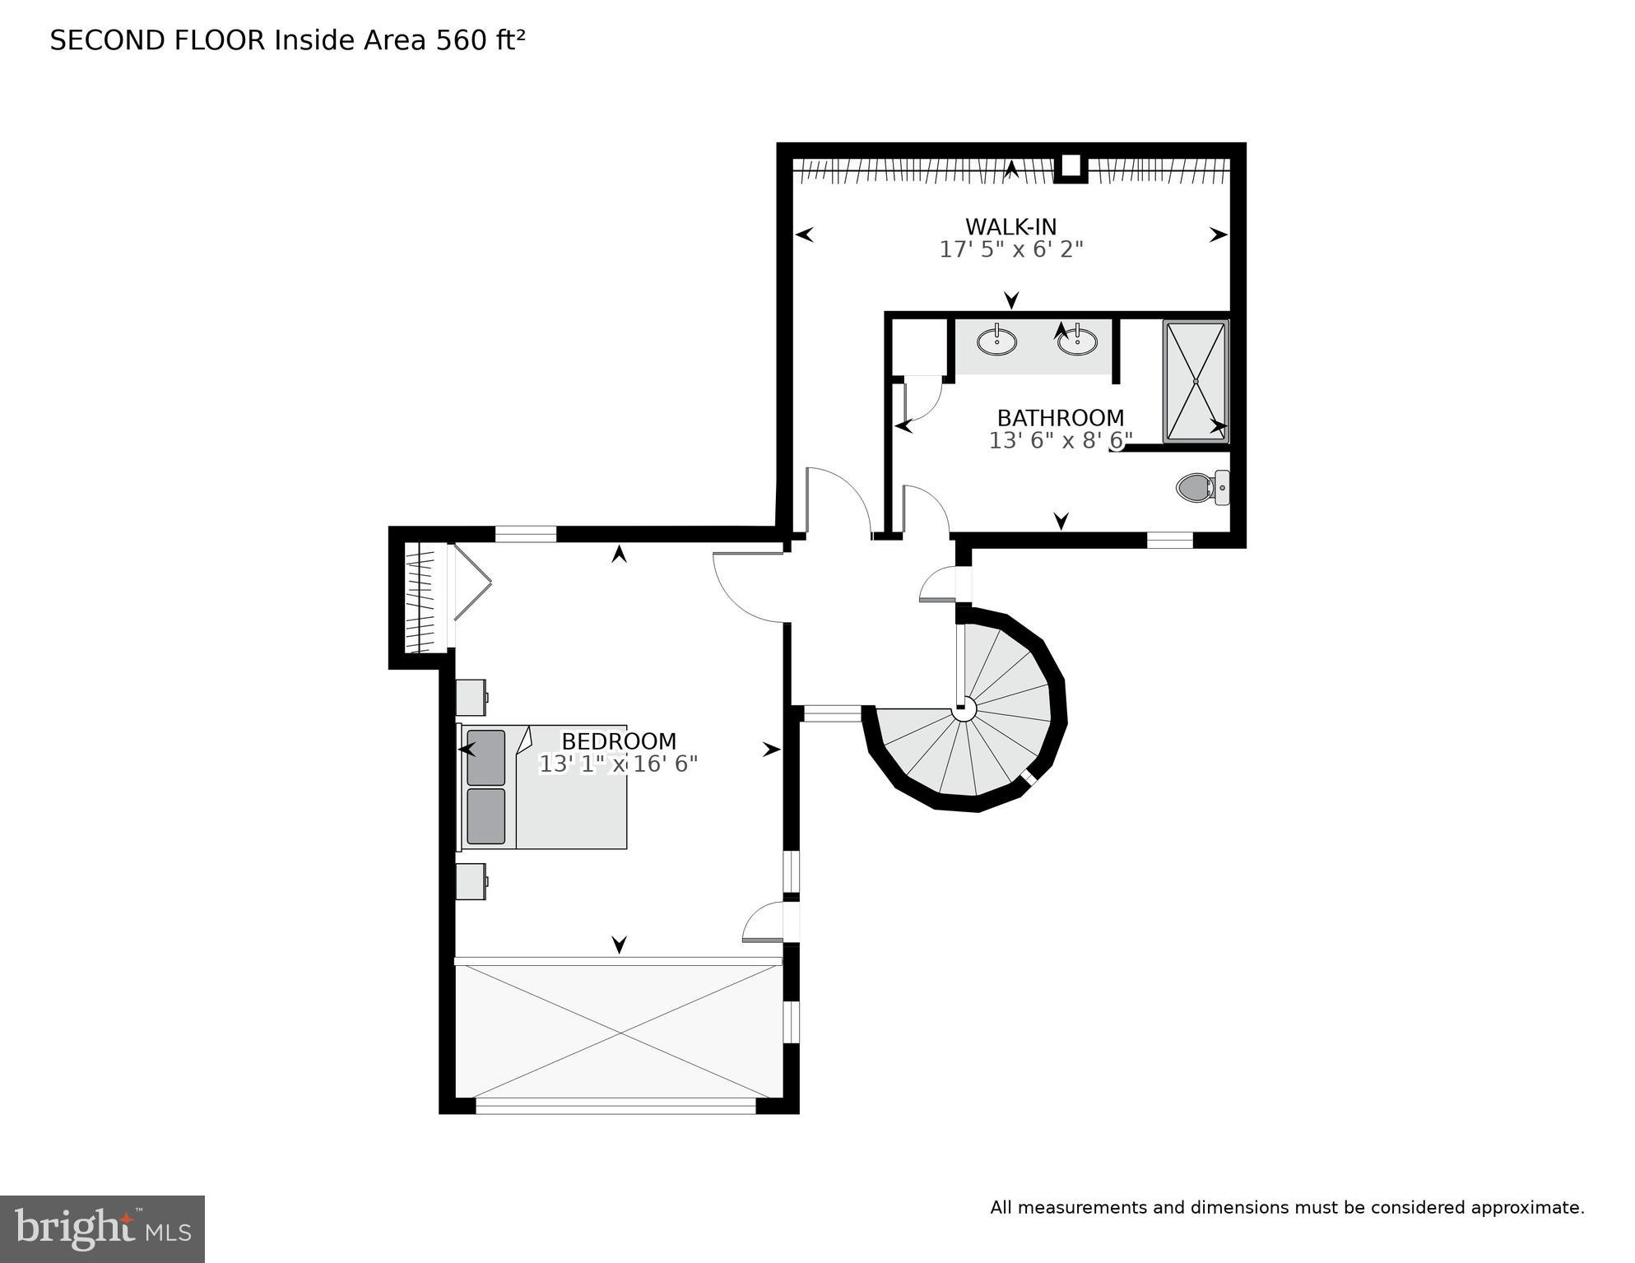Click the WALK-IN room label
[x=1010, y=226]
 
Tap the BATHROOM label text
[x=1060, y=418]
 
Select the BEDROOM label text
[x=619, y=741]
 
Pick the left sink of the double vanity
[x=996, y=340]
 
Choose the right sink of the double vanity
[x=1077, y=341]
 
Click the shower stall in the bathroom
[x=1196, y=382]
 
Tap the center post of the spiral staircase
[x=964, y=708]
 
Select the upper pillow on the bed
[x=485, y=757]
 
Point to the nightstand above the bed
[x=471, y=697]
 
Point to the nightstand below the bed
[x=471, y=881]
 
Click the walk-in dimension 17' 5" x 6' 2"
[x=1010, y=249]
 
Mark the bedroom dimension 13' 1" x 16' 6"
[x=618, y=764]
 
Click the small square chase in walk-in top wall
[x=1071, y=166]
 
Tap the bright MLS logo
[x=102, y=1229]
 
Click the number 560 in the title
[x=462, y=40]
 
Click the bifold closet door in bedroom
[x=472, y=583]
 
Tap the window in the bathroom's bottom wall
[x=1170, y=540]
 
